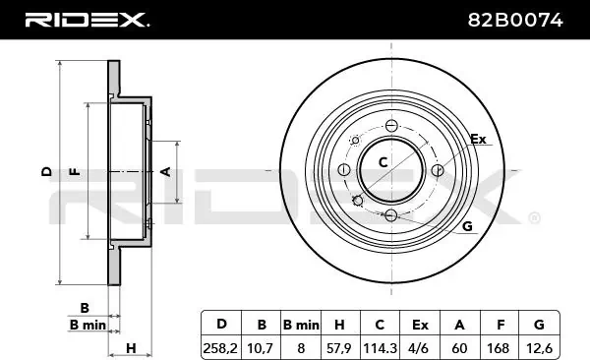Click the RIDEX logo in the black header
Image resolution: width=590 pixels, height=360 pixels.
[x=87, y=20]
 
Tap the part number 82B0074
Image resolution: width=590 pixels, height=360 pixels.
[x=515, y=20]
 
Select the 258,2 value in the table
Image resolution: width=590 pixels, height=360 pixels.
[x=220, y=348]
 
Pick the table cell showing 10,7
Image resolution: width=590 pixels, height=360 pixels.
[x=260, y=348]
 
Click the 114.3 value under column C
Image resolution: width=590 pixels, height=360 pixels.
[x=380, y=348]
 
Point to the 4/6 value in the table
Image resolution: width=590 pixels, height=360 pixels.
[x=419, y=348]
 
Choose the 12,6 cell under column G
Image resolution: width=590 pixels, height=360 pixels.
[x=539, y=348]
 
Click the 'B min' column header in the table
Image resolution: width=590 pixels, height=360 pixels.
[x=301, y=325]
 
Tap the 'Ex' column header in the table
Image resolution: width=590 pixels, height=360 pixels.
[x=420, y=325]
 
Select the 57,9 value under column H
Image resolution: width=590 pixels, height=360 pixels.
[x=339, y=348]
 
